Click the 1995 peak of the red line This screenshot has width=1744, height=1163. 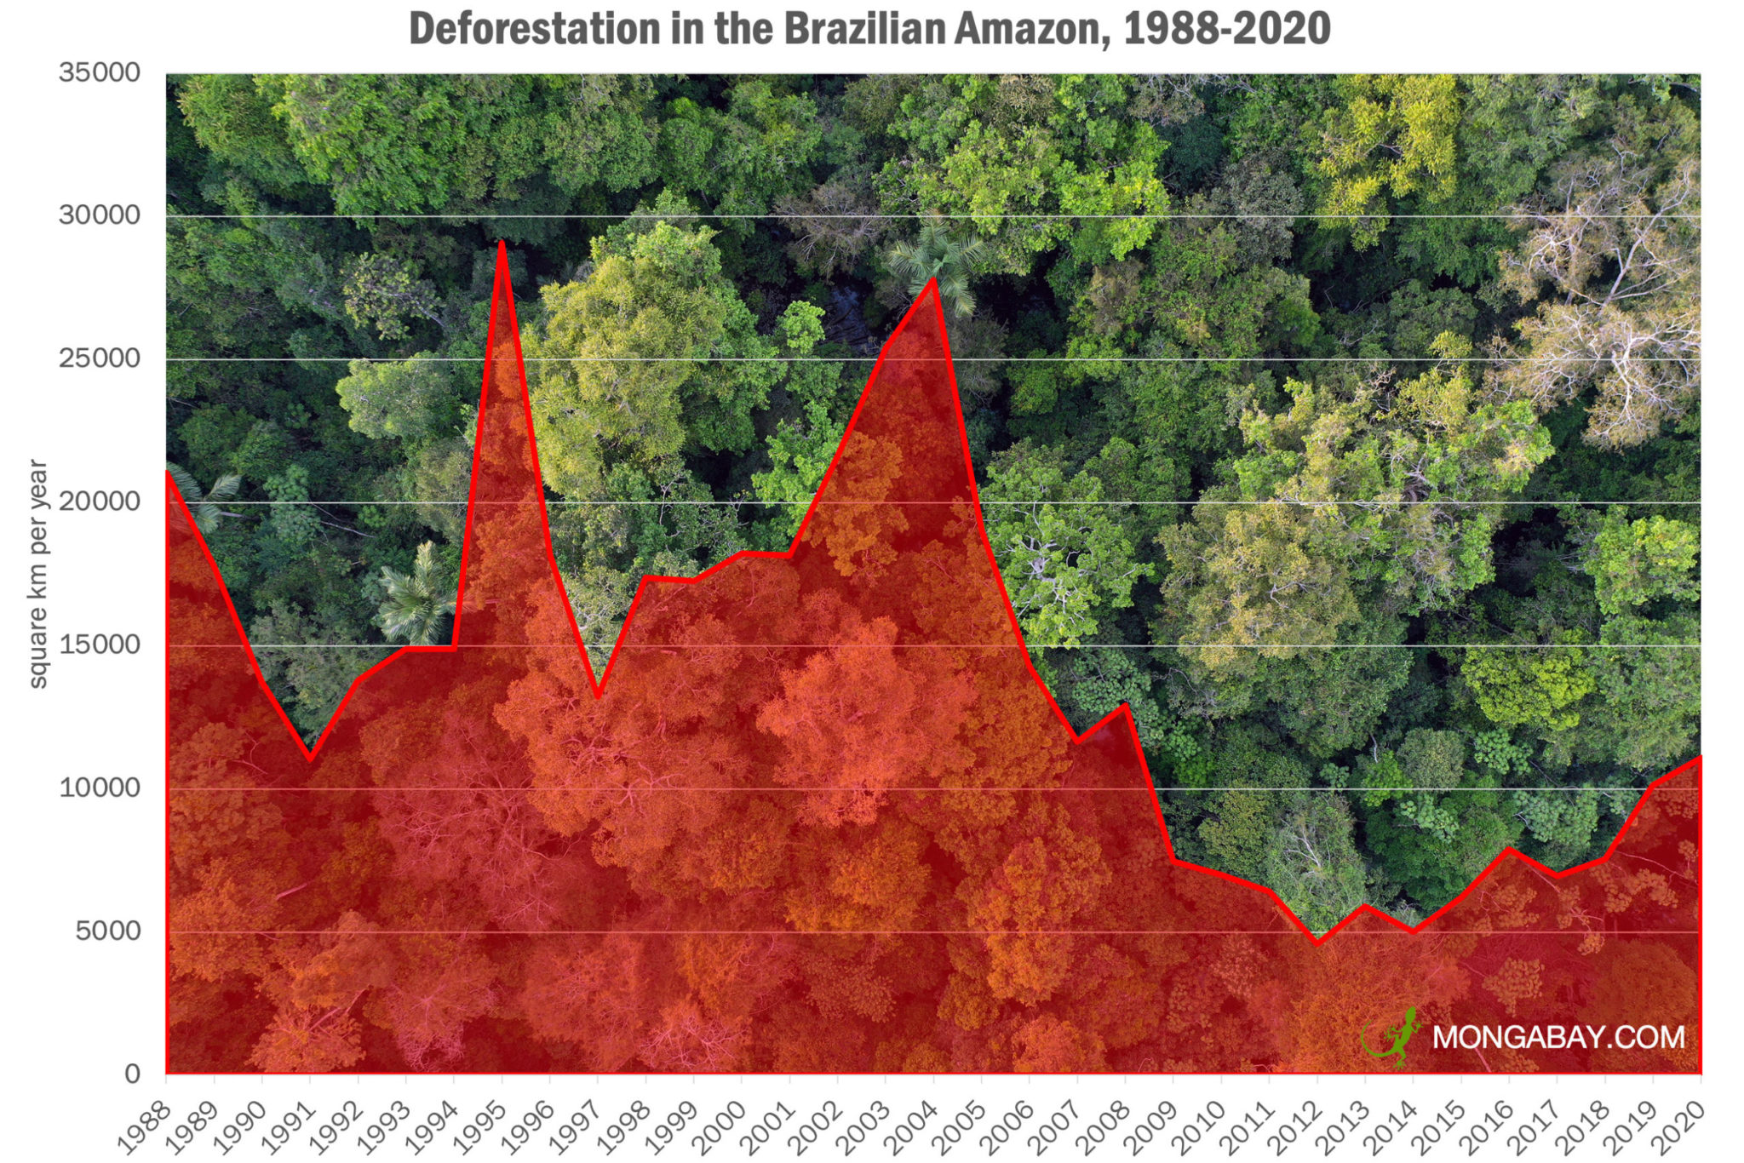coord(502,243)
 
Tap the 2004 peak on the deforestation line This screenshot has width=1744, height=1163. coord(933,279)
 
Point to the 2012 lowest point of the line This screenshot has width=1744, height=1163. coord(1317,943)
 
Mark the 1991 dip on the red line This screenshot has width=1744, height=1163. coord(310,759)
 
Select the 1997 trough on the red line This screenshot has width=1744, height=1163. coord(598,696)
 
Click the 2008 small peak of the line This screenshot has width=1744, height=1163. coord(1125,705)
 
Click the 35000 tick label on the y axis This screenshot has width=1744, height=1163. coord(100,72)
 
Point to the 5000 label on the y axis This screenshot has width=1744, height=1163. coord(108,931)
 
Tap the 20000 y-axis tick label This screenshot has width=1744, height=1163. coord(100,501)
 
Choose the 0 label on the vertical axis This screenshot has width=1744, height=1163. coord(132,1074)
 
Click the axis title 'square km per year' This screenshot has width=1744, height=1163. coord(38,573)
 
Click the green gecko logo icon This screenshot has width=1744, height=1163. coord(1394,1036)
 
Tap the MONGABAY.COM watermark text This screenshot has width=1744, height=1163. coord(1558,1036)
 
